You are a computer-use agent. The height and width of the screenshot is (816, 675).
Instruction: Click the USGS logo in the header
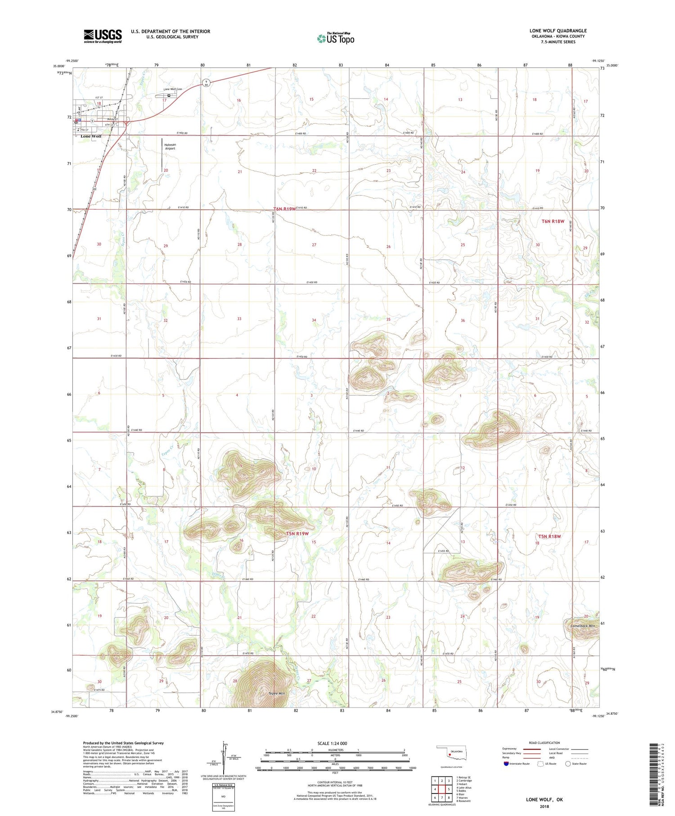103,36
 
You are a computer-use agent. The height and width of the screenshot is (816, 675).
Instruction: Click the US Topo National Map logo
336,38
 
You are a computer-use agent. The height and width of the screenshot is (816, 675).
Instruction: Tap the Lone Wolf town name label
91,136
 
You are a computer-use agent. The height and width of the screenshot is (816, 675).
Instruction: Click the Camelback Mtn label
582,626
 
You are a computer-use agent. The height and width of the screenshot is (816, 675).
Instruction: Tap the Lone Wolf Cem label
172,89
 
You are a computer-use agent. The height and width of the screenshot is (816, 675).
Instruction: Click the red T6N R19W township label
285,209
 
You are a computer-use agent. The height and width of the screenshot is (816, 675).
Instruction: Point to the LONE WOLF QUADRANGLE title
558,31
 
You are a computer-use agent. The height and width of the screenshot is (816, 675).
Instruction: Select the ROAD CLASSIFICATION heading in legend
544,743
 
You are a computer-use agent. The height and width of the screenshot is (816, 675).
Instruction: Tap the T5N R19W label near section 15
297,534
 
